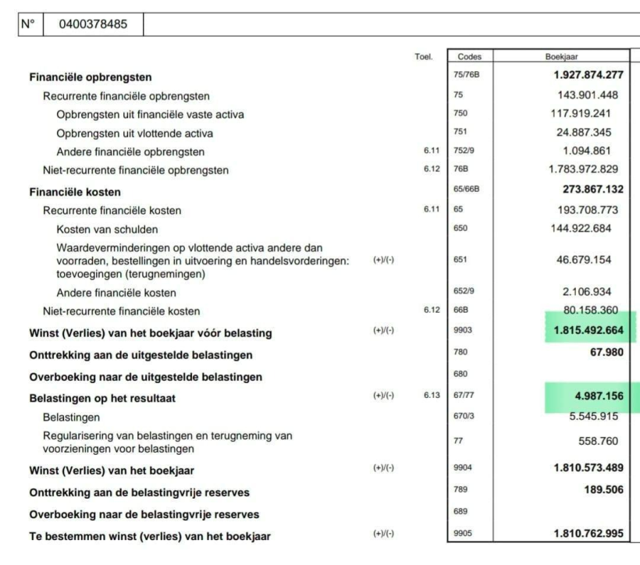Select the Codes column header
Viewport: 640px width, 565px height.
coord(469,56)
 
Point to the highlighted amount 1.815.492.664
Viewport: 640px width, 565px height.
coord(588,330)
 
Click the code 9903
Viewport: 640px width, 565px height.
coord(462,331)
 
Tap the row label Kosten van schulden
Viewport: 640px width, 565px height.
coord(107,229)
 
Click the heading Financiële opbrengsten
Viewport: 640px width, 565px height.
coord(90,77)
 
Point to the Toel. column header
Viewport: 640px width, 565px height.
coord(423,57)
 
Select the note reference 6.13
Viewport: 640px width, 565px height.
coord(432,396)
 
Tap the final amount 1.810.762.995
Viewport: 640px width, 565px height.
coord(588,534)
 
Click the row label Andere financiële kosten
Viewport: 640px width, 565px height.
coord(116,293)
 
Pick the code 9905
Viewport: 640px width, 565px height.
coord(462,534)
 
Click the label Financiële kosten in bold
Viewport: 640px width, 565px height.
coord(74,192)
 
